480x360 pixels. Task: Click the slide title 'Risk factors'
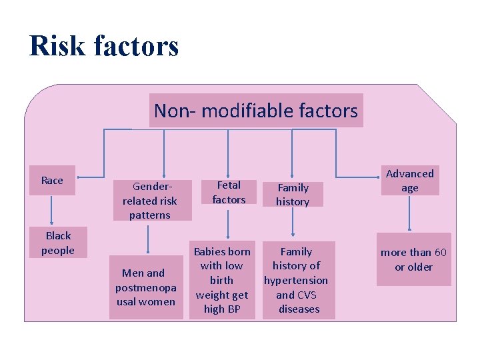point(104,46)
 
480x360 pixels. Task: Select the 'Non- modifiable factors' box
point(256,110)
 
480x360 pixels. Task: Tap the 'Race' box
point(52,181)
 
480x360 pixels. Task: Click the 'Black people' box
point(58,243)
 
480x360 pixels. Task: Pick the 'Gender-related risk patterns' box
point(150,200)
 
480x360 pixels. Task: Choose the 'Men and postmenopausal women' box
point(145,287)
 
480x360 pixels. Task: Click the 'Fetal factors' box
point(229,192)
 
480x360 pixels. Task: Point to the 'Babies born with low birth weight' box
point(222,280)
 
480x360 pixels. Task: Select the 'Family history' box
point(293,195)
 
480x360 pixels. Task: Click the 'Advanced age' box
point(409,181)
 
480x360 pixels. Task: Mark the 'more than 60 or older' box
point(413,259)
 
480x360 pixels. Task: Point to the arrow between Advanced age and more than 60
point(409,213)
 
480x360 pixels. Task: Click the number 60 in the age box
point(440,253)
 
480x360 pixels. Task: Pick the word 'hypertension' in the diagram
point(296,281)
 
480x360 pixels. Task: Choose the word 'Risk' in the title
point(57,46)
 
